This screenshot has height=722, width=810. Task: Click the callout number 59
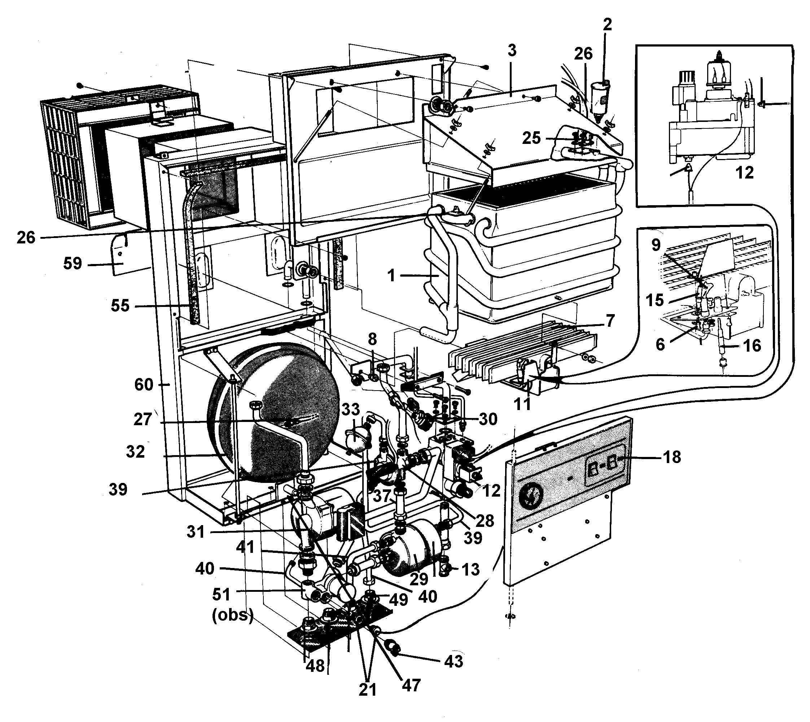point(72,263)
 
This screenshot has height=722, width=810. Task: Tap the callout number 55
point(120,306)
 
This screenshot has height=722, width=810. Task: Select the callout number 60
point(144,384)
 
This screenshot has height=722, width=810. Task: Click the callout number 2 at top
point(607,25)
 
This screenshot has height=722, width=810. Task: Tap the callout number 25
point(531,138)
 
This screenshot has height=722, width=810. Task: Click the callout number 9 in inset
point(656,245)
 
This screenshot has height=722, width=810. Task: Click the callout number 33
point(350,409)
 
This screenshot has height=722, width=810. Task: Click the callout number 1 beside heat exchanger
point(391,275)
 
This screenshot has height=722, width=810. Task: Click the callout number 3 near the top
point(512,51)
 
